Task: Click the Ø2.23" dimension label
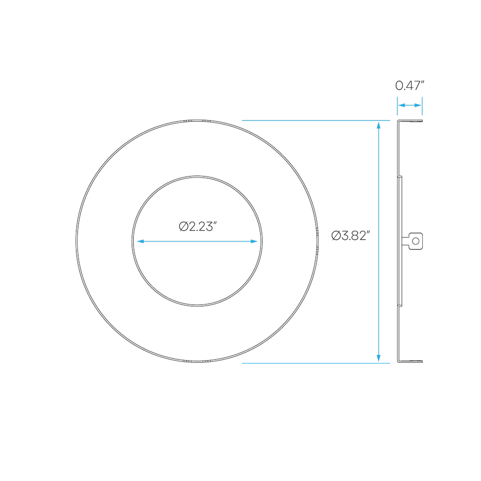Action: (x=198, y=226)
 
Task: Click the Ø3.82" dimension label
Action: (x=350, y=236)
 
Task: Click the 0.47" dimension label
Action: (x=410, y=86)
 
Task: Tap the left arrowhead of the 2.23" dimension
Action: (x=141, y=241)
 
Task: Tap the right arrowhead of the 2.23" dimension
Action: (x=254, y=241)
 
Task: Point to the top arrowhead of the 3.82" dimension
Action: (x=379, y=125)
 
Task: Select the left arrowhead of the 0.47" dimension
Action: (x=402, y=105)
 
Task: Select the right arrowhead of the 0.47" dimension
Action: (x=418, y=105)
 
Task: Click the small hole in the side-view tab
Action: (x=416, y=241)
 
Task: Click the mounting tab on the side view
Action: (x=412, y=241)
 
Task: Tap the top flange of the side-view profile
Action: (x=410, y=121)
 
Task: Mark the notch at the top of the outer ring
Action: (x=197, y=121)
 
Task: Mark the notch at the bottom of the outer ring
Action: (x=197, y=361)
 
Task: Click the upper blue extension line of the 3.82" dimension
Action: (x=316, y=121)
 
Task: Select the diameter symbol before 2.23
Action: (x=184, y=226)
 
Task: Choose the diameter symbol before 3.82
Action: (x=336, y=236)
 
